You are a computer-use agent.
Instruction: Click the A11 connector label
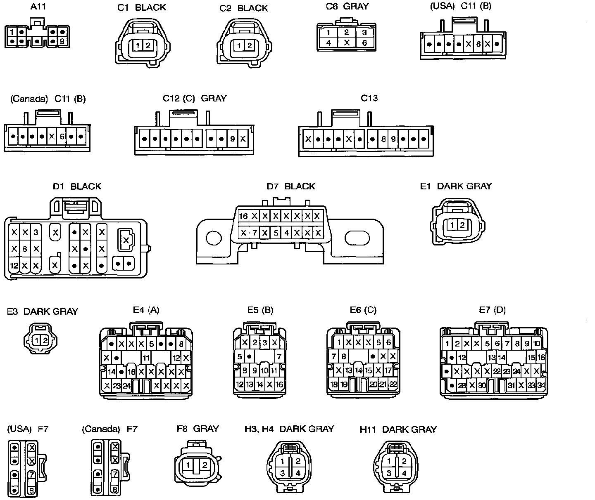point(38,7)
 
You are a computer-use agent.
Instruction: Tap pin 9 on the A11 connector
point(62,41)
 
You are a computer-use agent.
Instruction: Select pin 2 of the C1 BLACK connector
point(148,45)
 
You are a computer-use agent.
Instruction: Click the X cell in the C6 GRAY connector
point(347,42)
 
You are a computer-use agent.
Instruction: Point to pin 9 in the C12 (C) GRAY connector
point(233,139)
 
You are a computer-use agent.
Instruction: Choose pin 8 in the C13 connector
point(383,139)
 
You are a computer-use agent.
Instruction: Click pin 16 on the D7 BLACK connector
point(243,216)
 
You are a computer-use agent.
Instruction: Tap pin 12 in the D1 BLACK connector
point(14,266)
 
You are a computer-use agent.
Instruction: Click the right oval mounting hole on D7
point(358,238)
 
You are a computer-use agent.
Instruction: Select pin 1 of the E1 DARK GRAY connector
point(453,225)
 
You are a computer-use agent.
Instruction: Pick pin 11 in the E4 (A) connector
point(146,357)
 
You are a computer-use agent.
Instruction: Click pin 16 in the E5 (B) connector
point(279,385)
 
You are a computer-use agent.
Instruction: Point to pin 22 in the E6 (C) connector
point(393,384)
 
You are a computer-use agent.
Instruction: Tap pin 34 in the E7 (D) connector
point(541,386)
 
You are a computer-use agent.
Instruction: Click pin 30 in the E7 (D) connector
point(482,386)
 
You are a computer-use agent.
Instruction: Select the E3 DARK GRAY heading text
point(43,311)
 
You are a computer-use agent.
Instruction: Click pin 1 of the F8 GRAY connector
point(188,465)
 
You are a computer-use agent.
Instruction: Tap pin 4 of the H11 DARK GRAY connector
point(404,473)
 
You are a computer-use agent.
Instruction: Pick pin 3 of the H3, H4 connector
point(283,473)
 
